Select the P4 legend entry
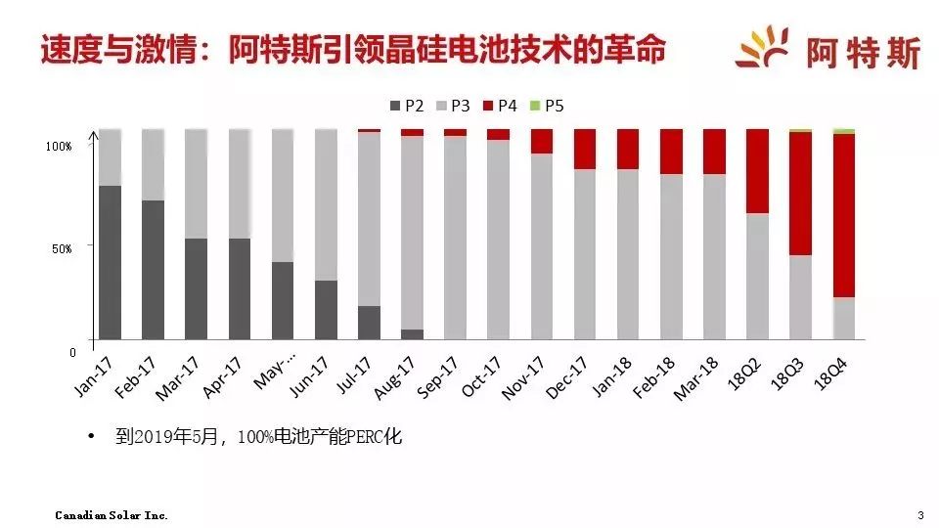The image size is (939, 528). click(x=498, y=105)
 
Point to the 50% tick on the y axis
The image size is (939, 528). click(x=60, y=248)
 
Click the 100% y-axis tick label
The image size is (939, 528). click(x=59, y=146)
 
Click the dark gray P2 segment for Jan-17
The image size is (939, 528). click(x=111, y=262)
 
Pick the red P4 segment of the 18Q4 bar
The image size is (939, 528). click(x=844, y=215)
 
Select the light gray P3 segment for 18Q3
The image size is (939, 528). click(x=801, y=297)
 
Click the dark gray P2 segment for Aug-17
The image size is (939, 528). click(x=413, y=334)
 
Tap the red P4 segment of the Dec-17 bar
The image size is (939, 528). click(x=585, y=149)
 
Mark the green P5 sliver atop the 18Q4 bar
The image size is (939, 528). click(x=844, y=131)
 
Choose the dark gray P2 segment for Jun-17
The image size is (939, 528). click(x=327, y=310)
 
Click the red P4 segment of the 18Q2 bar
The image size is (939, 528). click(x=757, y=171)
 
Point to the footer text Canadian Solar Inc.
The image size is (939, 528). click(x=112, y=514)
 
